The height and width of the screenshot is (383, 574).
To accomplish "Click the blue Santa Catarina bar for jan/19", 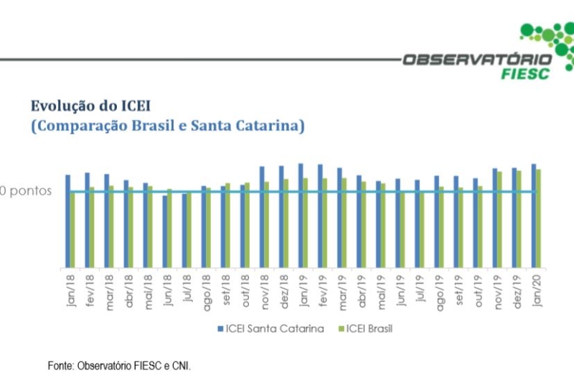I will pos(301,216).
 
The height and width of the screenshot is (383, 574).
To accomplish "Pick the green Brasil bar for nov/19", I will pos(499,219).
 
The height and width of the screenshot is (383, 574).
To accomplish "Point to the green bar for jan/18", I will pos(72,230).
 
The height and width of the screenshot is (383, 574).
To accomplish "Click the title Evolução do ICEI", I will pos(90,106).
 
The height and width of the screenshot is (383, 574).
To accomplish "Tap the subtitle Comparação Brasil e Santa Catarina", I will pos(168,126).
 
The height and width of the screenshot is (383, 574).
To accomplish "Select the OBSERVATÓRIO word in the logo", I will pos(476,59).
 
